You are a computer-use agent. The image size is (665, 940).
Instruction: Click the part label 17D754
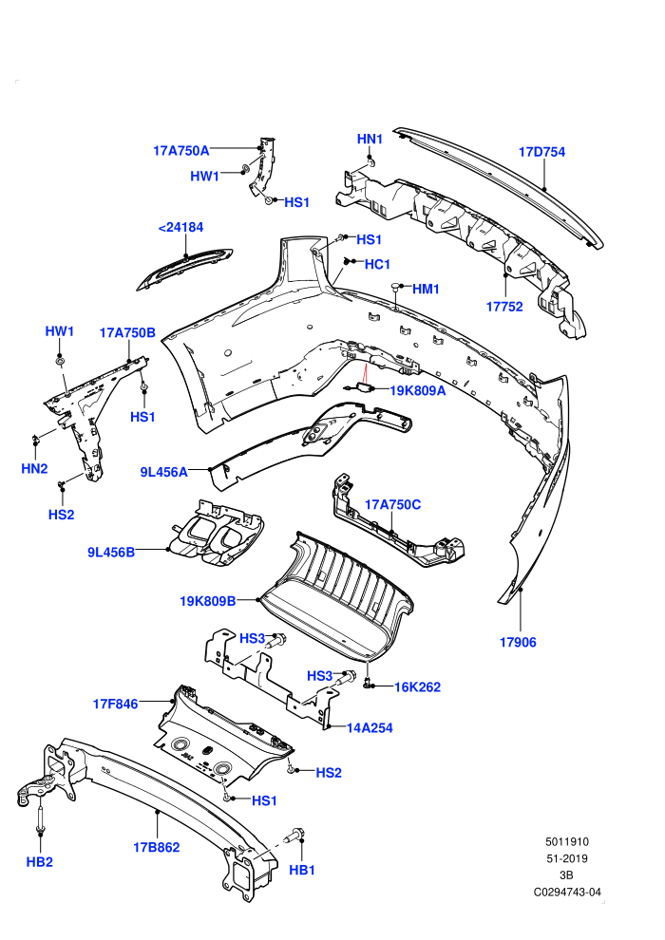point(541,152)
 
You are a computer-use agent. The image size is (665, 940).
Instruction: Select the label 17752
point(504,307)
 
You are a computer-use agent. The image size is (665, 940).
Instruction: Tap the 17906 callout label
point(518,643)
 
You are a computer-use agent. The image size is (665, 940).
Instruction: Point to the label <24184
point(180,227)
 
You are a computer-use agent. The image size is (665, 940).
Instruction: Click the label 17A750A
point(181,150)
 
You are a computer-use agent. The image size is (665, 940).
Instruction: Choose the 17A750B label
point(127,332)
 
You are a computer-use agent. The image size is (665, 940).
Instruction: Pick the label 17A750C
point(392,505)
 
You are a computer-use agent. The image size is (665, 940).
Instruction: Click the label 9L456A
point(163,473)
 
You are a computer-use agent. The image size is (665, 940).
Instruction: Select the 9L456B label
point(111,553)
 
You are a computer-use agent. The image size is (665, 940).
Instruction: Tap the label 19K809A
point(418,391)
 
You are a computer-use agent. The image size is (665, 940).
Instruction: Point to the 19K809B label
point(207,601)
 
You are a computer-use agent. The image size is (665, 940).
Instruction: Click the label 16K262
point(417,687)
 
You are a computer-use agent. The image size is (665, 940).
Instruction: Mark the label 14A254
point(370,728)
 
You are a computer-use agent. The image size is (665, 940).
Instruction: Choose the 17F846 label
point(116,705)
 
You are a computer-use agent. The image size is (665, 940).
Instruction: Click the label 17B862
point(157,848)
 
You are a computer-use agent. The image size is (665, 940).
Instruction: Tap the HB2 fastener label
point(40,862)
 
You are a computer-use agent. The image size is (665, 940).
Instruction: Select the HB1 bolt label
point(302,871)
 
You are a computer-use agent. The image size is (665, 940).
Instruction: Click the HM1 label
point(426,289)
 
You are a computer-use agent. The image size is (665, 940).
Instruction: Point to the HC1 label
point(377,264)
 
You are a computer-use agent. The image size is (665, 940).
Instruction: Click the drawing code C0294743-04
point(567,893)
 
